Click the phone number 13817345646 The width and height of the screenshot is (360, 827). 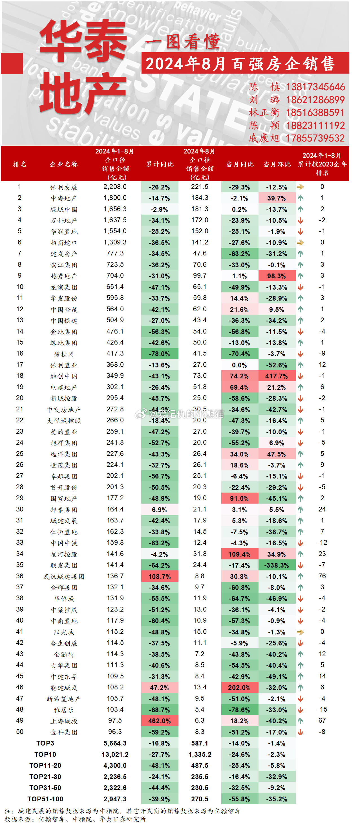click(x=315, y=87)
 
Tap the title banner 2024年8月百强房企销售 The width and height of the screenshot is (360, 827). click(x=240, y=63)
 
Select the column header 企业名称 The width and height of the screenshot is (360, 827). click(x=64, y=164)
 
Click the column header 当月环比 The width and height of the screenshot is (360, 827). click(x=277, y=164)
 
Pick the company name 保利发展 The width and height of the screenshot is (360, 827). click(x=64, y=187)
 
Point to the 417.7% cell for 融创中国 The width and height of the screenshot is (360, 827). click(x=277, y=376)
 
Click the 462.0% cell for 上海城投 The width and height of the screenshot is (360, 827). click(x=160, y=721)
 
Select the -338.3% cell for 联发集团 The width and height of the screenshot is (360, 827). click(x=277, y=565)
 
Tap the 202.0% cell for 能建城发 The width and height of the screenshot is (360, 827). click(x=239, y=688)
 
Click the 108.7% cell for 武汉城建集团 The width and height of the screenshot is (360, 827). click(x=160, y=577)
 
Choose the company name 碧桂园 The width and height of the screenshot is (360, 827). click(x=64, y=354)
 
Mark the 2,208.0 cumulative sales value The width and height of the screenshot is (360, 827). click(x=115, y=187)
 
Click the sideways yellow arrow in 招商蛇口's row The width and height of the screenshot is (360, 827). click(x=300, y=243)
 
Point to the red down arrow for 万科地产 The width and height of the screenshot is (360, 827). click(x=300, y=220)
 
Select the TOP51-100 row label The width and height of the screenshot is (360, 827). click(x=45, y=799)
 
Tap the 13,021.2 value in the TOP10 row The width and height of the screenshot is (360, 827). click(x=115, y=755)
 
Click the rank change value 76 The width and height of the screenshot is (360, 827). click(x=322, y=576)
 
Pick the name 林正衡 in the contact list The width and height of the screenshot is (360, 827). click(x=264, y=113)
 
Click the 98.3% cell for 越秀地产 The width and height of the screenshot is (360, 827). click(x=277, y=276)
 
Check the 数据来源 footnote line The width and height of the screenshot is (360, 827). click(x=75, y=819)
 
